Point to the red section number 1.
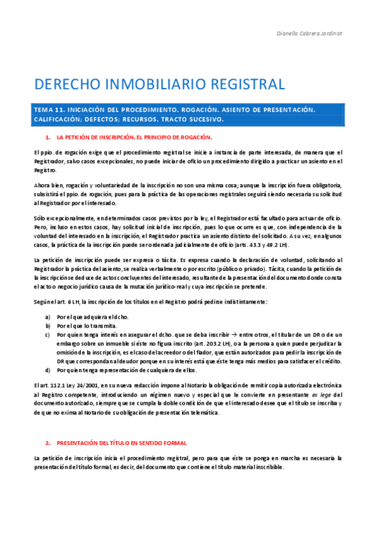[48, 136]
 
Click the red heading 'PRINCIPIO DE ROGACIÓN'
[176, 136]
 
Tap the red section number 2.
[48, 443]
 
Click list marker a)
[48, 316]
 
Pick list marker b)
[48, 326]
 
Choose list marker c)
[48, 334]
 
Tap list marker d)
[48, 371]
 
